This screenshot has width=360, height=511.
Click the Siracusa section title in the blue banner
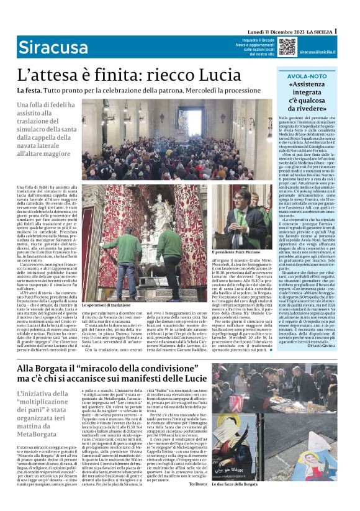pos(53,47)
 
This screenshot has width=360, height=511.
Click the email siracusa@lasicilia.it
pos(318,53)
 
